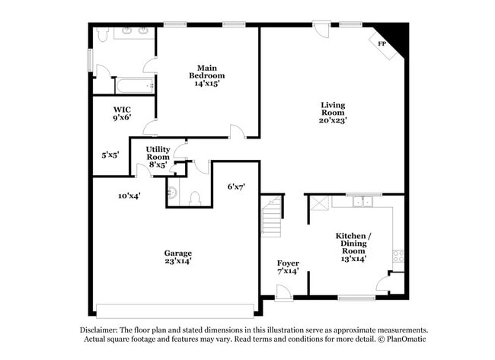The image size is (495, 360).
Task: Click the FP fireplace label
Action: (382, 44)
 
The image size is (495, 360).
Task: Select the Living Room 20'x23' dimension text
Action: (334, 120)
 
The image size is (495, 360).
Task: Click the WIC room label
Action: (122, 109)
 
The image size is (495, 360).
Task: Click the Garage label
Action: (178, 253)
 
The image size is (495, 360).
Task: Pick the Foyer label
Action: (288, 263)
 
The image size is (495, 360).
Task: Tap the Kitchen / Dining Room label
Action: (353, 243)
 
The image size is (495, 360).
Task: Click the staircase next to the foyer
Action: (272, 215)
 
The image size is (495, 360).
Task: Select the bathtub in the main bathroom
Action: (134, 85)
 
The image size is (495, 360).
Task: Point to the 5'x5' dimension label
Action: (110, 155)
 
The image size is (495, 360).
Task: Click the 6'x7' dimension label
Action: (236, 186)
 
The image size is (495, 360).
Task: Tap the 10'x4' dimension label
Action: (129, 196)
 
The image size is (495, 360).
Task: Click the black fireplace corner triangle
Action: (397, 34)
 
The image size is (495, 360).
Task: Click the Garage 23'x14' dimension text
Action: (178, 261)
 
